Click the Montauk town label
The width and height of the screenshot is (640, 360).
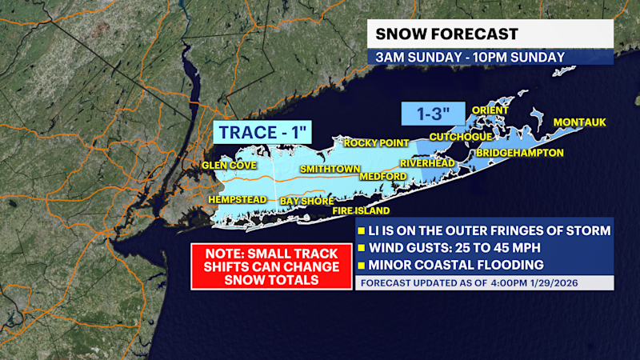pyautogui.click(x=580, y=122)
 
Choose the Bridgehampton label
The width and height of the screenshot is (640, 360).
pyautogui.click(x=519, y=152)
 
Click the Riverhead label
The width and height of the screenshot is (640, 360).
pyautogui.click(x=427, y=162)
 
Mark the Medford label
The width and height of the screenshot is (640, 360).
pyautogui.click(x=383, y=176)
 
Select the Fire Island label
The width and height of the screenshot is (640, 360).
pyautogui.click(x=362, y=211)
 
